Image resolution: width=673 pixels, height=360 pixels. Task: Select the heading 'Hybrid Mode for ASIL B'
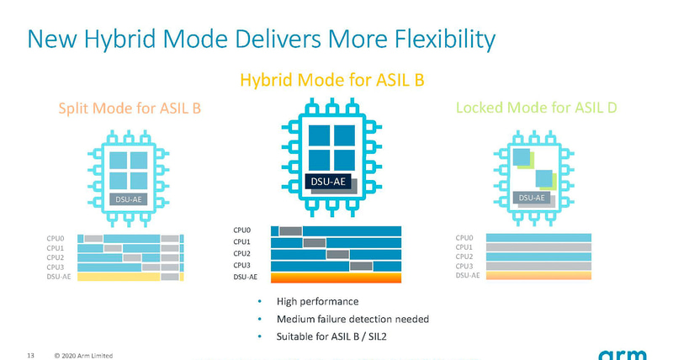331,81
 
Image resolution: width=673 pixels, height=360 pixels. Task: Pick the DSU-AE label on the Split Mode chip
129,199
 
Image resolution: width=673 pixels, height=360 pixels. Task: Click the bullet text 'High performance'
323,301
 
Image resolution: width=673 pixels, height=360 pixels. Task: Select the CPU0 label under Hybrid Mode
242,230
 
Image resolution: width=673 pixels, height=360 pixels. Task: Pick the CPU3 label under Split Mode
56,267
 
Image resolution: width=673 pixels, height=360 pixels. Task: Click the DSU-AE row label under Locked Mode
468,275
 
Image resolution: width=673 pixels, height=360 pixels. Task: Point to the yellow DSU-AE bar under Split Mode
118,277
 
